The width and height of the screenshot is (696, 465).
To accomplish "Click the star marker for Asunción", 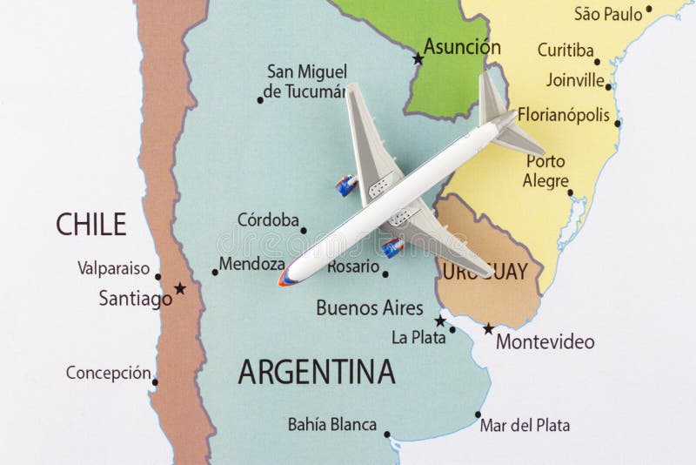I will [x=418, y=59].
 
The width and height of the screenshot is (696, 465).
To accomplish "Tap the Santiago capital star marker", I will [x=180, y=287].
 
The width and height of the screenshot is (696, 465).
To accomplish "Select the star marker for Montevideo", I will [x=488, y=328].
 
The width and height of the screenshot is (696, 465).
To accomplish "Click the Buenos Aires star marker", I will [x=440, y=320].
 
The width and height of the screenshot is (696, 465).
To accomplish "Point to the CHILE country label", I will [x=90, y=225].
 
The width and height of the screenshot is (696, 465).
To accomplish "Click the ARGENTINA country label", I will [x=317, y=372].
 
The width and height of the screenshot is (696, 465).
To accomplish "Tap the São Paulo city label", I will [x=608, y=13].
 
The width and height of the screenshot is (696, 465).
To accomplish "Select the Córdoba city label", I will [x=268, y=220].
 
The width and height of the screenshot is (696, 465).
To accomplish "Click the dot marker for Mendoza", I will [x=215, y=272].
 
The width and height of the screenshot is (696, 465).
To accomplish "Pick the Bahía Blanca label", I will [x=332, y=425].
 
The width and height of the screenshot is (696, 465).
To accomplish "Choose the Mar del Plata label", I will [x=525, y=426].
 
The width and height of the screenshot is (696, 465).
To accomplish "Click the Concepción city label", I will [x=108, y=374].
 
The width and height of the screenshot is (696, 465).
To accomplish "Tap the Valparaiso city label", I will [x=113, y=268].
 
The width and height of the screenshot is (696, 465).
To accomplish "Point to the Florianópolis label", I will [x=563, y=114].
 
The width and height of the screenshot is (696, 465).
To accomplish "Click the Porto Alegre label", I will [x=545, y=171].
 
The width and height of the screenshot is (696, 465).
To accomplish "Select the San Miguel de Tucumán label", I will [x=306, y=81].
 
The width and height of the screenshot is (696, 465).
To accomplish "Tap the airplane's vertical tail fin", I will [x=492, y=98].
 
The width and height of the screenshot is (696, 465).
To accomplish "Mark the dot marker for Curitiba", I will [x=597, y=62].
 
